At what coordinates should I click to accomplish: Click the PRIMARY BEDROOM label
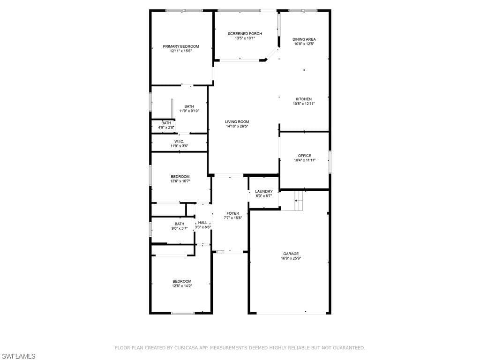pos(180,46)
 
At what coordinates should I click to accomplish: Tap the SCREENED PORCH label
pos(245,34)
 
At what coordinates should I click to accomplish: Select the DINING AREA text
pos(304,39)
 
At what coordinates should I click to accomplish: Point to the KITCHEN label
pos(303,99)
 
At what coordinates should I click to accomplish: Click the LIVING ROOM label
pos(237,121)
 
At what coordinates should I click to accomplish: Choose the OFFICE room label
pos(304,156)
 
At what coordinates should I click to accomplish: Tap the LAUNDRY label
pos(263,191)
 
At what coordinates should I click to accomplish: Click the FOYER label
pos(232,213)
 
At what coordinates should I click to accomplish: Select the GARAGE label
pos(291,254)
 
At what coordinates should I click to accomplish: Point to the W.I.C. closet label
pos(179,142)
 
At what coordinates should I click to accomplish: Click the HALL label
pos(202,223)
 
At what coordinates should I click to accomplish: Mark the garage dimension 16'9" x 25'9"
pos(291,258)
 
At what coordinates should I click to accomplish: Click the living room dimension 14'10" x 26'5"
pos(237,126)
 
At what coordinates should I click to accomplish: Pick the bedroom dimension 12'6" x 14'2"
pos(182,285)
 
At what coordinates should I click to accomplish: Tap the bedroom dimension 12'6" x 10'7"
pos(180,181)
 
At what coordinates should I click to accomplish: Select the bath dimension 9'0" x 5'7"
pos(179,228)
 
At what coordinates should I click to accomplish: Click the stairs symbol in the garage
pos(299,201)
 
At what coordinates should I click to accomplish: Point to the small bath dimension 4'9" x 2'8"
pos(166,127)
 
